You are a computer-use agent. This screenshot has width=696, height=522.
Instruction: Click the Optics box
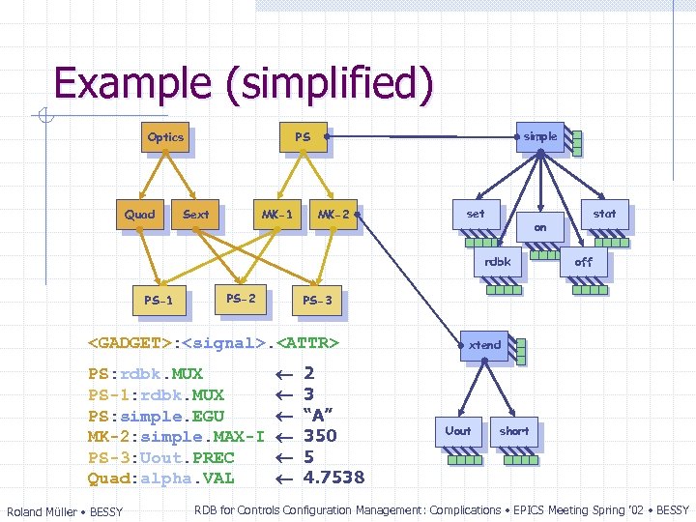point(165,137)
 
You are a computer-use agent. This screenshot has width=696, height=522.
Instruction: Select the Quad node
point(140,215)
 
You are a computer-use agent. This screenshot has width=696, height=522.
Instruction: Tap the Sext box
point(195,215)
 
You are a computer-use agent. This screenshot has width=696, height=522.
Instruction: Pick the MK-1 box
point(277,215)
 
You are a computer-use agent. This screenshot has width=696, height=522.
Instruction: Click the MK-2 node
point(333,215)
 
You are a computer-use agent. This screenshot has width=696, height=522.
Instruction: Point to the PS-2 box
point(241,299)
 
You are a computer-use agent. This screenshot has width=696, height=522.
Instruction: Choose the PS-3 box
point(317,301)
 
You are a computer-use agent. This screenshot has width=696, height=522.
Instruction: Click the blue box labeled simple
point(540,137)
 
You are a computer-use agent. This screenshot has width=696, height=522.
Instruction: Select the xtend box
point(484,346)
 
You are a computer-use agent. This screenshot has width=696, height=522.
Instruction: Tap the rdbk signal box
point(498,262)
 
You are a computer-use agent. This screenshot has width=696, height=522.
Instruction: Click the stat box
point(605,215)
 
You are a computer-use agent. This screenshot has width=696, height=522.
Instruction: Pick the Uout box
point(458,431)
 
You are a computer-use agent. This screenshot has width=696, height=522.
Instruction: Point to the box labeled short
point(514,431)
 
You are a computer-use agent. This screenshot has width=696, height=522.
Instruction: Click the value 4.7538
point(333,478)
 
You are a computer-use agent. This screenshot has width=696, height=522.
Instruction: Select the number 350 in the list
point(320,436)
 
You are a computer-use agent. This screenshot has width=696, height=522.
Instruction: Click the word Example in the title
point(132,83)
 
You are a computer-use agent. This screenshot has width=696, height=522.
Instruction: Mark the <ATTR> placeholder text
point(307,343)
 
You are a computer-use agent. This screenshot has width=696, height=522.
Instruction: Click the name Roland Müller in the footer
point(43,511)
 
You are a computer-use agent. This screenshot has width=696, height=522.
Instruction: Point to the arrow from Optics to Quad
point(153,175)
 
